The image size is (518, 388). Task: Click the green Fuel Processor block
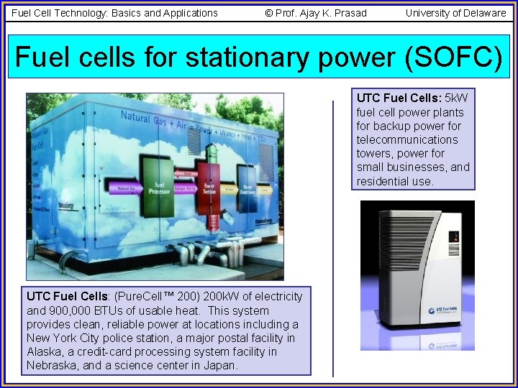[158, 188]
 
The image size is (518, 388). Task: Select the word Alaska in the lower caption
[44, 351]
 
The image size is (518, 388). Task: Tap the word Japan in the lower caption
[221, 365]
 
